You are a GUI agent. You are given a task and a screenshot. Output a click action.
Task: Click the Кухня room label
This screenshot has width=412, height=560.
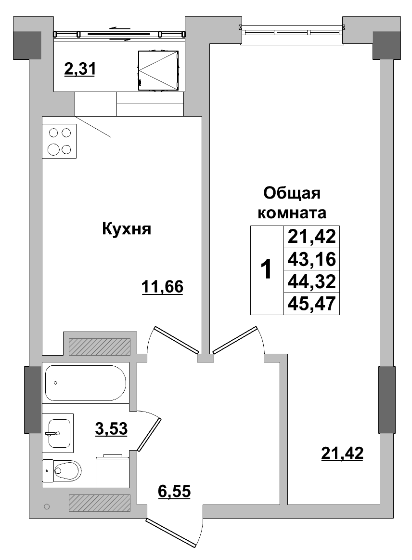tap(127, 229)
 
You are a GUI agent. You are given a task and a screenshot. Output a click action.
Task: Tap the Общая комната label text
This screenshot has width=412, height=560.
tap(292, 202)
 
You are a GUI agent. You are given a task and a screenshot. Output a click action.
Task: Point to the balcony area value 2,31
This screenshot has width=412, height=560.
tap(80, 69)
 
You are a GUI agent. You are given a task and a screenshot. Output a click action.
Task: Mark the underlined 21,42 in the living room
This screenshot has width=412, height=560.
tap(342, 453)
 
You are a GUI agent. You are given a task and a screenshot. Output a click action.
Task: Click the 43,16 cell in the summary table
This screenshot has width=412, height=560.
tap(311, 260)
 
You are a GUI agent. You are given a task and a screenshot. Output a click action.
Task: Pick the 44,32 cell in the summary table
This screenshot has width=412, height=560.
tap(311, 281)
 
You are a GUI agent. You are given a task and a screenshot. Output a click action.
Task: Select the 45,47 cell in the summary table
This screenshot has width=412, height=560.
tap(311, 304)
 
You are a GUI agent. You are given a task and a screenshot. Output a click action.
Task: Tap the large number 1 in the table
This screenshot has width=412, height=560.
tap(266, 270)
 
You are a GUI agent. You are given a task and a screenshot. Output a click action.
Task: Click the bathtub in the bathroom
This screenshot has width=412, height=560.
tap(85, 383)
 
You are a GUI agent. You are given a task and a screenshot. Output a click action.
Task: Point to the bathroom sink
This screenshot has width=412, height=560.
tap(58, 432)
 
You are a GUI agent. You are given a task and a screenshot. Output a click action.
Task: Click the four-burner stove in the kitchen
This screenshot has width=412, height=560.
tap(60, 141)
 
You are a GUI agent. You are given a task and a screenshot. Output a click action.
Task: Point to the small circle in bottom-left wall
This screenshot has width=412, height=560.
tap(47, 507)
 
